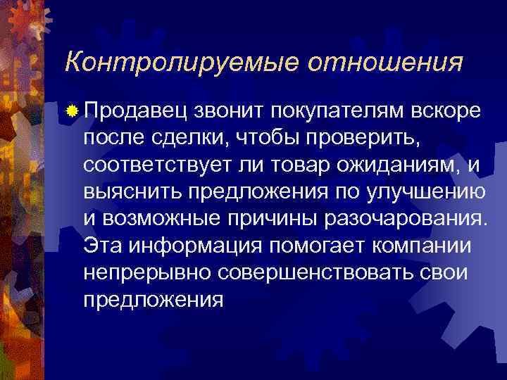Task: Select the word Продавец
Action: (x=134, y=110)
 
